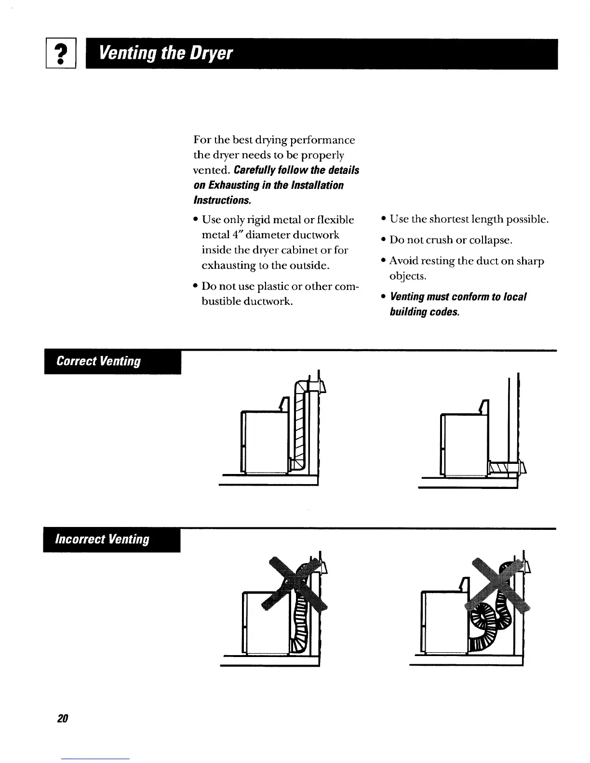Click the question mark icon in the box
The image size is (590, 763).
61,54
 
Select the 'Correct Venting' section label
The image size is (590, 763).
99,362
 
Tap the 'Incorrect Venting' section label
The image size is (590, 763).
103,539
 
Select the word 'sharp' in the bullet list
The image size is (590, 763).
530,261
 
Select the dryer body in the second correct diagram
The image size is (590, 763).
464,443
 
